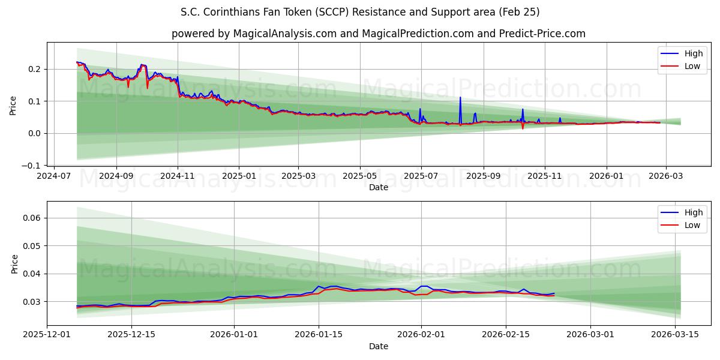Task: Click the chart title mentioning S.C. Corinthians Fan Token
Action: [x=360, y=12]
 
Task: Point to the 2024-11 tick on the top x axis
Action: [x=177, y=176]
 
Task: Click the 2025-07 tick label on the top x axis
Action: [x=421, y=176]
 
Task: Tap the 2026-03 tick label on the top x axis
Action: [x=664, y=176]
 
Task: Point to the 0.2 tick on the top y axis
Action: [x=34, y=69]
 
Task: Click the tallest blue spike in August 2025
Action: [x=460, y=98]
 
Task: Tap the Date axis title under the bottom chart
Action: [x=378, y=346]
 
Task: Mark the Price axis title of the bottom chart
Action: [x=14, y=264]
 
